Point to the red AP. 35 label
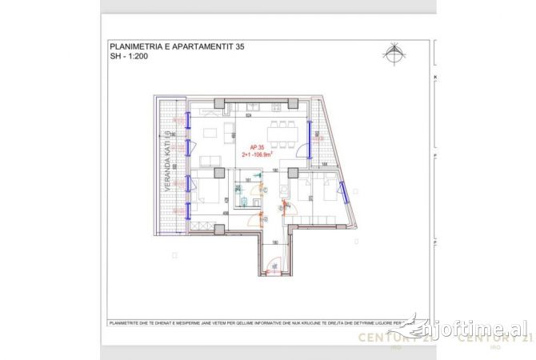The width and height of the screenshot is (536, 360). pyautogui.click(x=258, y=148)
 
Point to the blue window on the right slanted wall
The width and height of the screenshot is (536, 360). pyautogui.click(x=342, y=193)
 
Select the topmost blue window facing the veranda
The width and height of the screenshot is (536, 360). pyautogui.click(x=188, y=120)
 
